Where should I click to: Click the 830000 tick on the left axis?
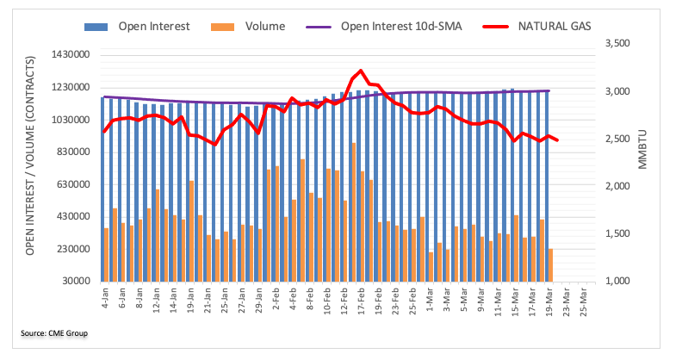(x=73, y=152)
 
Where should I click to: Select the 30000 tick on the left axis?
(x=76, y=282)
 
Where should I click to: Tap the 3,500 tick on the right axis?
(x=617, y=43)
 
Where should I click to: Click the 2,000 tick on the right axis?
(x=617, y=186)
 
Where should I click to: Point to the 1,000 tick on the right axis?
(x=617, y=282)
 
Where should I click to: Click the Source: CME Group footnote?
(x=54, y=333)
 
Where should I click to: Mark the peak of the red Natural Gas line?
(x=360, y=71)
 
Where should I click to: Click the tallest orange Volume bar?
(x=354, y=212)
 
